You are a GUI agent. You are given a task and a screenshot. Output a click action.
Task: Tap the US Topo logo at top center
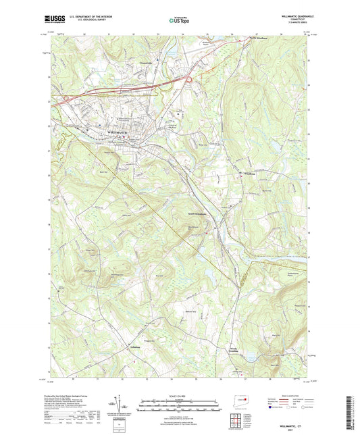point(178,21)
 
